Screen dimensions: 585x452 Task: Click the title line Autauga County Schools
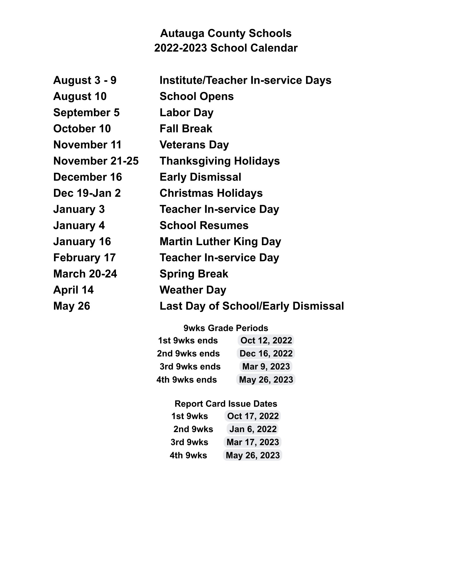click(x=226, y=34)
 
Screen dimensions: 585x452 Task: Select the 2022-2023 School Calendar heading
click(x=226, y=48)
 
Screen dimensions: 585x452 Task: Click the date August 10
click(x=80, y=97)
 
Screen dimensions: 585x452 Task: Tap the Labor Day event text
click(x=186, y=112)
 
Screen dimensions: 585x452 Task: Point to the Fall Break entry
click(x=186, y=129)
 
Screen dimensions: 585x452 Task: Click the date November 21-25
click(x=96, y=161)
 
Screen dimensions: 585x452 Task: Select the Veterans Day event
click(x=194, y=145)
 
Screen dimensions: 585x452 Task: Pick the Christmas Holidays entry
click(x=211, y=193)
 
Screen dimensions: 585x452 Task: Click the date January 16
click(x=82, y=242)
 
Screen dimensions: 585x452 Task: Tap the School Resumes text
click(x=204, y=225)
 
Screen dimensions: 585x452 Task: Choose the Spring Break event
click(x=194, y=274)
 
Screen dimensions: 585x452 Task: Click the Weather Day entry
click(x=193, y=290)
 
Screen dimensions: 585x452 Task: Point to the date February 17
click(x=84, y=258)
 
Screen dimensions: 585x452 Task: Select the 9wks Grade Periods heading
click(x=226, y=328)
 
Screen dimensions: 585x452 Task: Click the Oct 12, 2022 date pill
click(x=266, y=340)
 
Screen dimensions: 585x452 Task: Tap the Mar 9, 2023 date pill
click(x=266, y=366)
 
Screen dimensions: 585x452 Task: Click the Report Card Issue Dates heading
click(x=226, y=404)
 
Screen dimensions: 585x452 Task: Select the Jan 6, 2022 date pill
click(x=253, y=429)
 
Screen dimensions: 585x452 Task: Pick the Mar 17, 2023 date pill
click(x=253, y=442)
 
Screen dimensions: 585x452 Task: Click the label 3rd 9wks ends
click(x=190, y=366)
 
